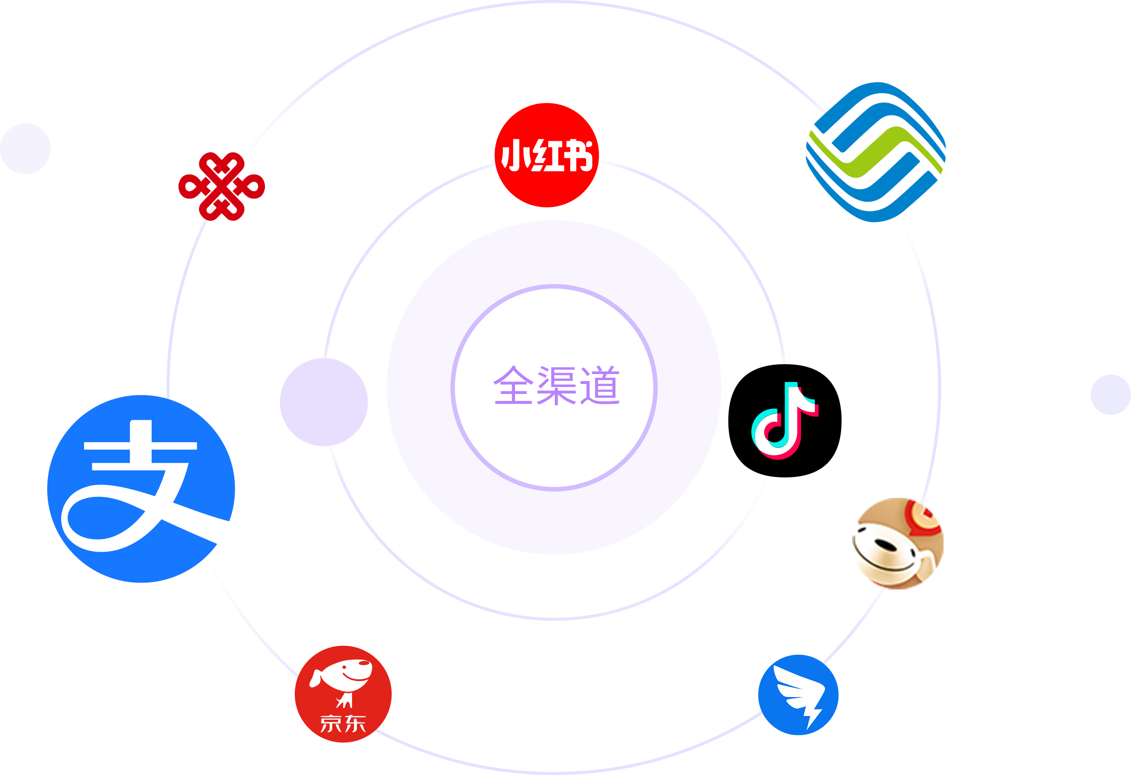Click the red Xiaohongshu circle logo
(546, 155)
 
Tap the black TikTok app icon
(784, 421)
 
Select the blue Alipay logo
(141, 488)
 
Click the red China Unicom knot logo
(222, 187)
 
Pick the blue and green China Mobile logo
(875, 152)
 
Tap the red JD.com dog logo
(343, 693)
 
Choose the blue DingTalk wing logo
(798, 694)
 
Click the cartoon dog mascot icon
(897, 543)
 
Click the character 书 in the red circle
(577, 155)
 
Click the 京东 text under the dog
(343, 724)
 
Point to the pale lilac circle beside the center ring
(324, 402)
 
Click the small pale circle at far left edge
(25, 149)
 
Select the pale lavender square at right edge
(1110, 394)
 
